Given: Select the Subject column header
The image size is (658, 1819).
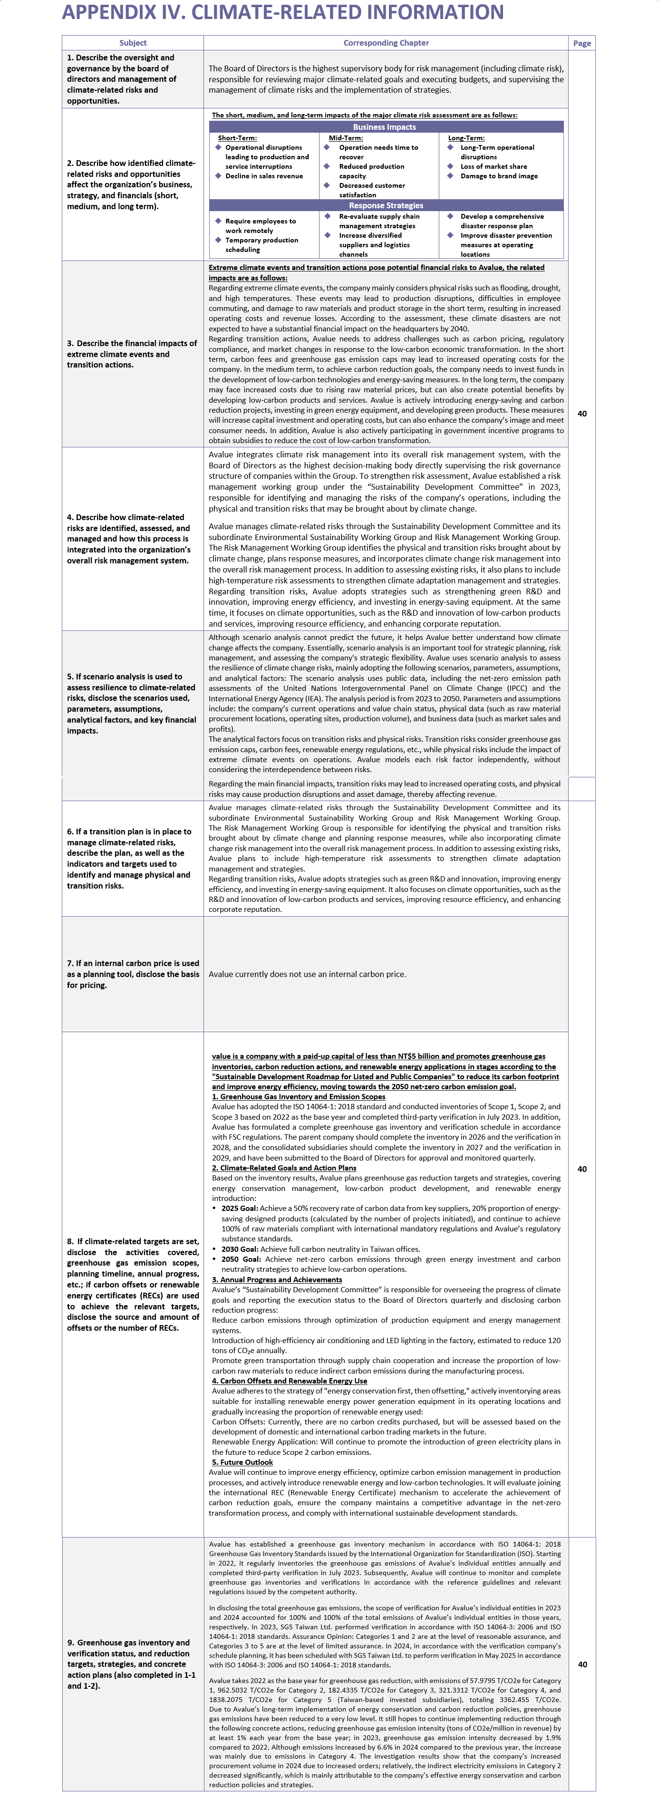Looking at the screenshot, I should pos(133,43).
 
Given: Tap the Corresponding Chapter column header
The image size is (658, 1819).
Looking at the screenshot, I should pos(386,43).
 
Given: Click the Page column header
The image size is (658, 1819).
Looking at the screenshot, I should pos(582,43).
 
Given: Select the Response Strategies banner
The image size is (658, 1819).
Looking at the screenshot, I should pos(386,205).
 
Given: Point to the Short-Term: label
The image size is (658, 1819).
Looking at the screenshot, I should pos(237,138).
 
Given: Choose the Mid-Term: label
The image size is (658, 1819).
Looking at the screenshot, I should pos(346,138).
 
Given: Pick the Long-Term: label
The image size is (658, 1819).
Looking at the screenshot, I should pos(466,138).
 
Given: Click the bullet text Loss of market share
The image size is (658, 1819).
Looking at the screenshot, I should pos(493,167).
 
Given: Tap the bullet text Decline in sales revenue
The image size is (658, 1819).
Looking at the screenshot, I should pos(264,176).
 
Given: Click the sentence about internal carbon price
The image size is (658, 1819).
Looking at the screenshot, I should pos(307,975).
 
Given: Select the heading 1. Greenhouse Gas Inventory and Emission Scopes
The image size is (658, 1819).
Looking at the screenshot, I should pos(299,1097).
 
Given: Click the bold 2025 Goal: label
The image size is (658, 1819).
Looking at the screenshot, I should pos(239,1208).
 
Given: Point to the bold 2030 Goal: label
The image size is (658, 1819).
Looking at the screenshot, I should pos(239,1249).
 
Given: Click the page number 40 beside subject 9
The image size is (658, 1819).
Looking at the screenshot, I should pos(582,1664).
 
